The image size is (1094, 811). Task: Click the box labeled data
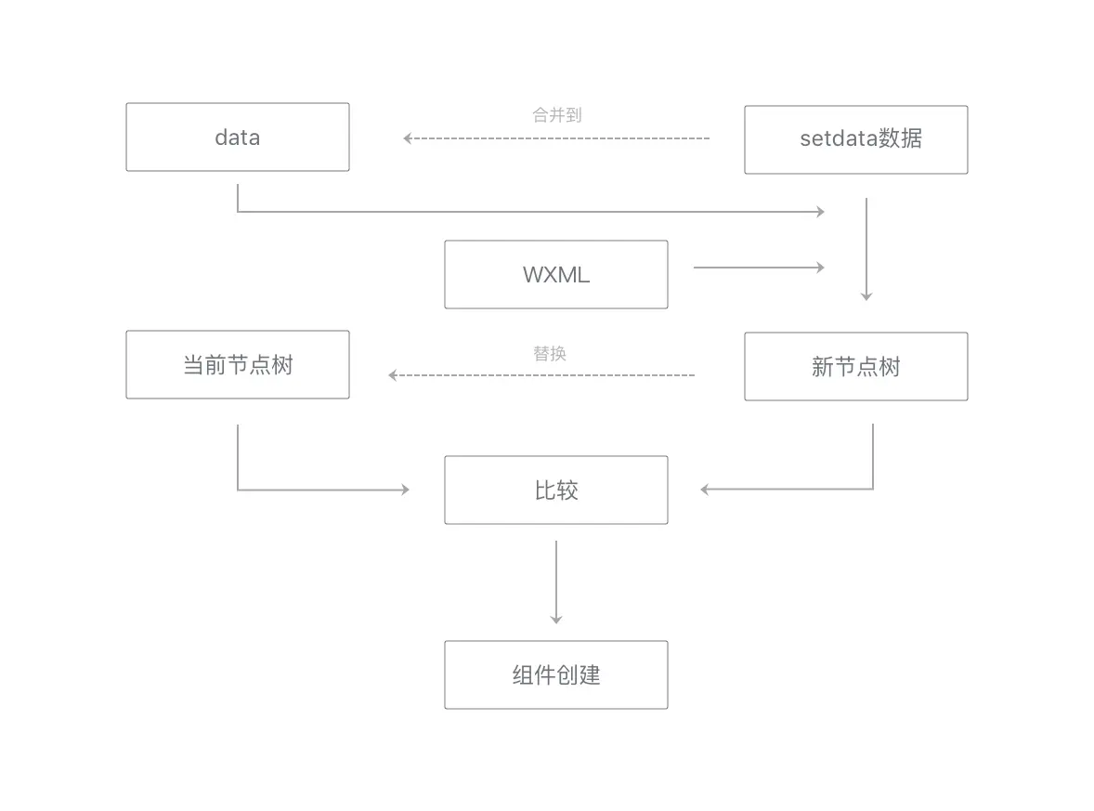tap(238, 137)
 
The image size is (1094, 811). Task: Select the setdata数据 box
tap(855, 139)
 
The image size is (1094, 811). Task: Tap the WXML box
tap(555, 275)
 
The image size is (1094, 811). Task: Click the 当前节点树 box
tap(238, 365)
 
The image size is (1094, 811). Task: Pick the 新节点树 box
tap(855, 367)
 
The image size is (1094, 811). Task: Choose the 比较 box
tap(555, 490)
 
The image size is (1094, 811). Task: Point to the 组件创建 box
tap(555, 674)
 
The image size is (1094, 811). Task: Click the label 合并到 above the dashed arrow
tap(556, 115)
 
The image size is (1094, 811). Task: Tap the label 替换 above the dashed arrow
tap(549, 354)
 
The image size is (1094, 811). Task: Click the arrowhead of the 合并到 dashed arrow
tap(408, 138)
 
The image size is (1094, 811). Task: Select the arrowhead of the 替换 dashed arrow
tap(393, 375)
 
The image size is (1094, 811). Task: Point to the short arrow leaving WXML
tap(758, 268)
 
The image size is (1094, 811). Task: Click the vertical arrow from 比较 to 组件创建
tap(555, 581)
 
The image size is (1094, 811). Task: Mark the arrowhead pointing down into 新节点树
tap(866, 295)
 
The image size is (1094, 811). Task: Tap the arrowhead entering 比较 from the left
tap(404, 489)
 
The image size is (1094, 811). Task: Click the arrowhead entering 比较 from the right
tap(706, 489)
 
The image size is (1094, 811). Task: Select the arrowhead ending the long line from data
tap(819, 212)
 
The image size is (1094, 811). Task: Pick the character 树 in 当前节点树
tap(281, 365)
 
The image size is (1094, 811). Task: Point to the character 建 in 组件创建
tap(590, 674)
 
